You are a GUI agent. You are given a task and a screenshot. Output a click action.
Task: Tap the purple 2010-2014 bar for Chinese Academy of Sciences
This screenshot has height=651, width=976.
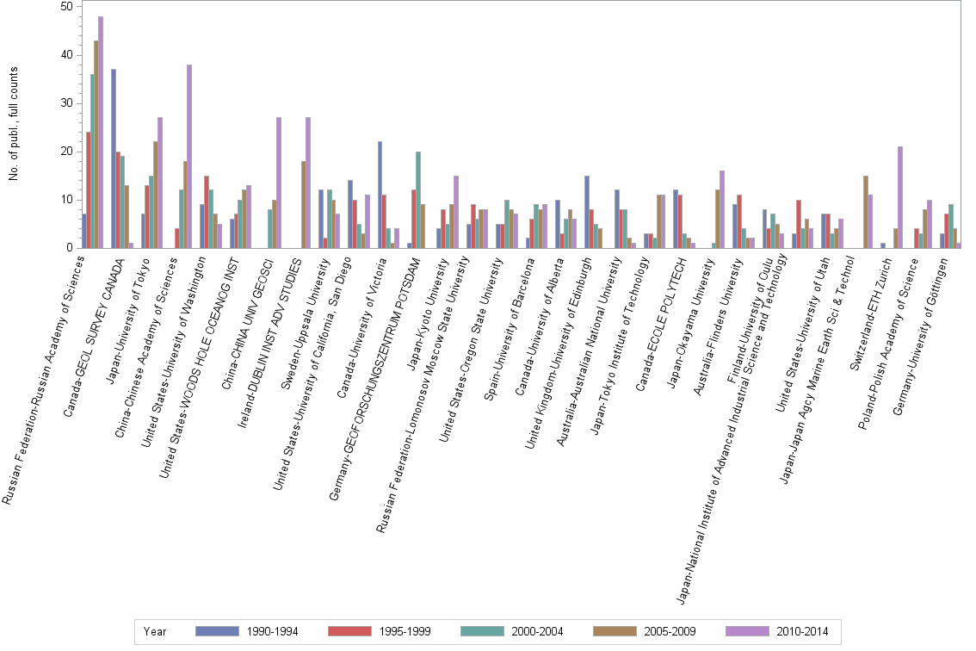click(189, 156)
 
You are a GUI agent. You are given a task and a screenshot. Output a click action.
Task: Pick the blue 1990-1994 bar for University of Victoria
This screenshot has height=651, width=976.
click(380, 195)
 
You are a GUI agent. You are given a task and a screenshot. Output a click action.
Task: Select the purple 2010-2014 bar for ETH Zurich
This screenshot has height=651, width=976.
click(900, 197)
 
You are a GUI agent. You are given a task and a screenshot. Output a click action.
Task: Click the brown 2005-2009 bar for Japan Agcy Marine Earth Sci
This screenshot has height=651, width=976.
click(865, 212)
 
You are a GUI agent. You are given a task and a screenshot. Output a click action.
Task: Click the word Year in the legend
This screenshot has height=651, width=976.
click(156, 631)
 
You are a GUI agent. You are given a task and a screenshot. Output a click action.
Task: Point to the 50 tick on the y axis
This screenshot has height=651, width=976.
click(65, 7)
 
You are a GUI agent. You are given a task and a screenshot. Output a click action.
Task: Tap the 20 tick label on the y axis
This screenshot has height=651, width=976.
click(65, 152)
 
